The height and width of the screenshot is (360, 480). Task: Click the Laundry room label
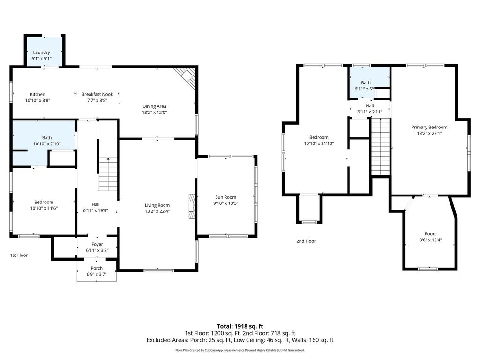pyautogui.click(x=41, y=52)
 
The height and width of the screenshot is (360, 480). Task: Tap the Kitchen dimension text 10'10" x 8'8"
pyautogui.click(x=37, y=100)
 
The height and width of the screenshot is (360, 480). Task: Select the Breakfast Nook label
pyautogui.click(x=97, y=94)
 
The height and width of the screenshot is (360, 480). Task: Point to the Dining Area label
pyautogui.click(x=154, y=106)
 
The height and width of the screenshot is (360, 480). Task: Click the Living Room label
pyautogui.click(x=157, y=205)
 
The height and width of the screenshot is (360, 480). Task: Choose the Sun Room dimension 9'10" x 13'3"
pyautogui.click(x=225, y=203)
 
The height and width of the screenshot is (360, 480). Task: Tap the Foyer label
pyautogui.click(x=97, y=244)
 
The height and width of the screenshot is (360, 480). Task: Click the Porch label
pyautogui.click(x=97, y=268)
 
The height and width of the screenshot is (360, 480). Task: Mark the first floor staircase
pyautogui.click(x=108, y=174)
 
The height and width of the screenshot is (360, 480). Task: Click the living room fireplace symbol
pyautogui.click(x=192, y=206)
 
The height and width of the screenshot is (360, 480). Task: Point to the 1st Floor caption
pyautogui.click(x=19, y=255)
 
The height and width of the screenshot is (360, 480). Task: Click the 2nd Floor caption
pyautogui.click(x=306, y=241)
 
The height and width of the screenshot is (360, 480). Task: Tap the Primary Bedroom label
pyautogui.click(x=429, y=127)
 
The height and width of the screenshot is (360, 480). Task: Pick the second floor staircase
pyautogui.click(x=381, y=146)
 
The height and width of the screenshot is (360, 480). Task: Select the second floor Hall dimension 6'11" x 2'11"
pyautogui.click(x=370, y=112)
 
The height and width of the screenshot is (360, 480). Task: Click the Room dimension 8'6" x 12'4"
pyautogui.click(x=430, y=240)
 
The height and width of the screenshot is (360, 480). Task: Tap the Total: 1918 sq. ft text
pyautogui.click(x=240, y=326)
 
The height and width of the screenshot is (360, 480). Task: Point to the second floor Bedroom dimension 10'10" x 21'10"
pyautogui.click(x=319, y=143)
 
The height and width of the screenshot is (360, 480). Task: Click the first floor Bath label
pyautogui.click(x=47, y=138)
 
